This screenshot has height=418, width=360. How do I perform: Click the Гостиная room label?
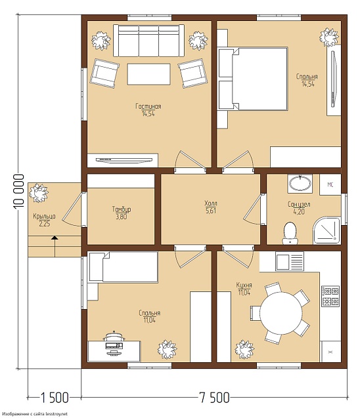[x=148, y=106]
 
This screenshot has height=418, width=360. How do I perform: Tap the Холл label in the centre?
[x=211, y=203]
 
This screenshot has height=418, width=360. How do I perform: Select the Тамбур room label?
[x=122, y=209]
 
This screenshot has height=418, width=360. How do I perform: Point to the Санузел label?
[x=299, y=205]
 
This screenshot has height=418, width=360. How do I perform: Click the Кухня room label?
[x=244, y=285]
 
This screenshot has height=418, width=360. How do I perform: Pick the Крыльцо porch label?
[x=44, y=216]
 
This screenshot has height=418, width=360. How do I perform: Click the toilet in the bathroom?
[x=290, y=233]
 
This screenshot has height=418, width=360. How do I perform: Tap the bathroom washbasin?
[x=300, y=184]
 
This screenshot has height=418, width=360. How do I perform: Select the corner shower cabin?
[x=327, y=230]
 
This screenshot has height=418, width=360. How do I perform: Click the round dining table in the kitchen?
[x=281, y=313]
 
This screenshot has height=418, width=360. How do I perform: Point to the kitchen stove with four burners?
[x=330, y=296]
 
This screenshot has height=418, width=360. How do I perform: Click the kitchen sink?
[x=290, y=262]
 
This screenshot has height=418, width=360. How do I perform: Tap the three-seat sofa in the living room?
[x=148, y=41]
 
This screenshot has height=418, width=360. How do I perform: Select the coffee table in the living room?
[x=148, y=74]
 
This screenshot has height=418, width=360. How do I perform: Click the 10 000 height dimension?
[x=18, y=191]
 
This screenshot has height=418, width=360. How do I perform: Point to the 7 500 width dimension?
[x=214, y=398]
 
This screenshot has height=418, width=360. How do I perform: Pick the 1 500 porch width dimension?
[x=54, y=398]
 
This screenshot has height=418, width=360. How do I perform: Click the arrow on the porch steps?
[x=55, y=246]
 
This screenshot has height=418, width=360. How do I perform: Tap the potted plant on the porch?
[x=39, y=193]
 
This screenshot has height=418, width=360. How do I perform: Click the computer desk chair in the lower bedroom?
[x=114, y=337]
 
